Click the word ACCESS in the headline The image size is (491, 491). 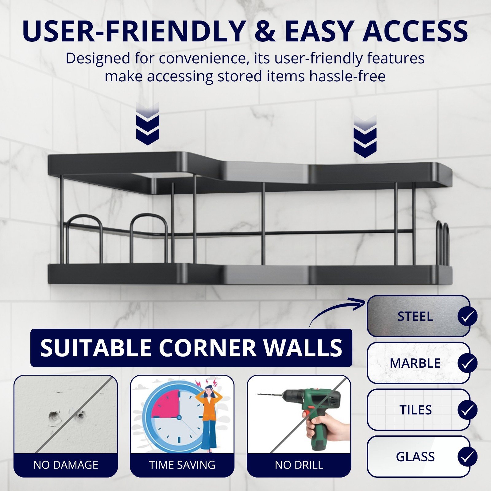pyautogui.click(x=415, y=31)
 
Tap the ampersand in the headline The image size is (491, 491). pyautogui.click(x=265, y=31)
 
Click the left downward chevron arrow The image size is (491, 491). pyautogui.click(x=148, y=123)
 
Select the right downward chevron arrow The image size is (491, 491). pyautogui.click(x=365, y=136)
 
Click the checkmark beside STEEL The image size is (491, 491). pyautogui.click(x=467, y=316)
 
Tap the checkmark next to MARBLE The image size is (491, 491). pyautogui.click(x=467, y=363)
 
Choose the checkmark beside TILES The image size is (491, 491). pyautogui.click(x=467, y=410)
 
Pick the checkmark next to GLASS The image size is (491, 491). pyautogui.click(x=467, y=457)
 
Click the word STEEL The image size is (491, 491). pyautogui.click(x=415, y=316)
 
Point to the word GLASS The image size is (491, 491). pyautogui.click(x=415, y=457)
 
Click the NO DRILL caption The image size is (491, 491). pyautogui.click(x=299, y=465)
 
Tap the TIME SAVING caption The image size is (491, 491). pyautogui.click(x=182, y=465)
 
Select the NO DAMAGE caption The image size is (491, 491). pyautogui.click(x=66, y=465)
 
